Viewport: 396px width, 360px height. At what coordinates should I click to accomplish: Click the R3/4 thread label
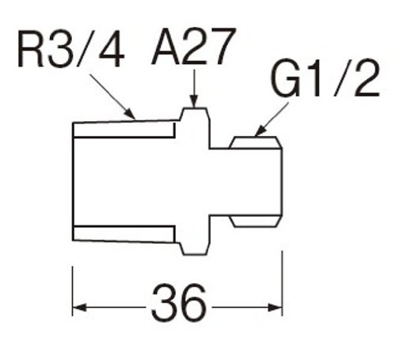click(x=70, y=48)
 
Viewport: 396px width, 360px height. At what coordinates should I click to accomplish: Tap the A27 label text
click(x=193, y=46)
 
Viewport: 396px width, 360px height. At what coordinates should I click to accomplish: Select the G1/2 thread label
click(x=325, y=78)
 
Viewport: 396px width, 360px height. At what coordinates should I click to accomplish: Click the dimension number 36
click(x=179, y=301)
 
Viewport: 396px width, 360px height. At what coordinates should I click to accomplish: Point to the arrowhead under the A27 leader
click(x=194, y=101)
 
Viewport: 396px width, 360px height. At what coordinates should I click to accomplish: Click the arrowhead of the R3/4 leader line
click(x=130, y=114)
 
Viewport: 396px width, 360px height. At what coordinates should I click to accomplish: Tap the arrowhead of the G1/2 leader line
click(x=261, y=131)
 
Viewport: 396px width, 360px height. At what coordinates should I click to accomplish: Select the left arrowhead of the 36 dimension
click(x=79, y=307)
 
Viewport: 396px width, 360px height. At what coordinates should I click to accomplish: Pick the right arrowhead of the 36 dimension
click(x=275, y=308)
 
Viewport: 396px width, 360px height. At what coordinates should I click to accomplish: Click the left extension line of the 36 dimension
click(x=72, y=291)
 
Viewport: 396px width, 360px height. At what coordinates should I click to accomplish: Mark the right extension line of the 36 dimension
click(x=282, y=283)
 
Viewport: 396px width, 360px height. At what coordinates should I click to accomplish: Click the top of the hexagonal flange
click(x=195, y=108)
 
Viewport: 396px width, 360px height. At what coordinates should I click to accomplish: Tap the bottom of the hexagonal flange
click(x=195, y=255)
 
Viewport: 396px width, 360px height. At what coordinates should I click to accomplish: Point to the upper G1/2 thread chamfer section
click(x=256, y=142)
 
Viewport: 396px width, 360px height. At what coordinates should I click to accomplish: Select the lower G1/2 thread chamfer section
click(x=256, y=221)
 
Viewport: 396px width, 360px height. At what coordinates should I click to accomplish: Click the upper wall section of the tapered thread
click(x=124, y=129)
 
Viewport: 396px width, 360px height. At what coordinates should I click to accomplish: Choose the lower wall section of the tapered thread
click(x=124, y=233)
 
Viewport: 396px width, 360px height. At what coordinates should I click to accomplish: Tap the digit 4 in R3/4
click(x=112, y=49)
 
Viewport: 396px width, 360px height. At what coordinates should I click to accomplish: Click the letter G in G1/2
click(x=286, y=78)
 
